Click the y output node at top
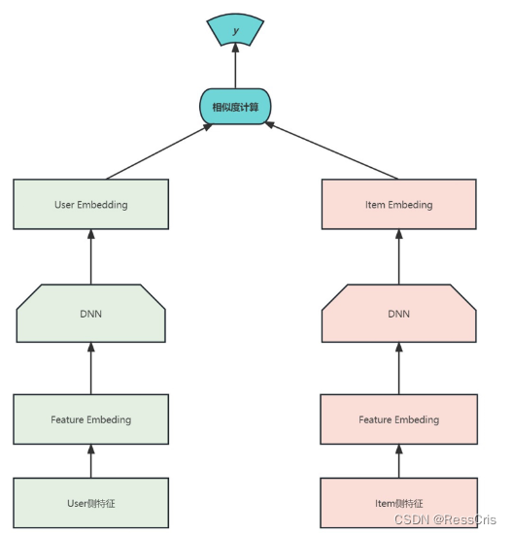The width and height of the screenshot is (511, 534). coord(234,30)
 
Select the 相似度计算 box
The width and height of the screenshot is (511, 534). coord(234,106)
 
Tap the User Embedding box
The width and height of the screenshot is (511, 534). coord(90,205)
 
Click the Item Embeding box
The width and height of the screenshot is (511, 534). coord(398,205)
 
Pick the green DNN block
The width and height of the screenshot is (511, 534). coord(90,314)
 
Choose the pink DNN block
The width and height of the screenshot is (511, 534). coord(398,314)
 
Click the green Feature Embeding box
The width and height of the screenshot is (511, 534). coord(90,419)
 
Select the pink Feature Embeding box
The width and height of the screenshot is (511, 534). coord(398,419)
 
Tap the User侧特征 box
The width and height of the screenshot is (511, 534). coord(90,503)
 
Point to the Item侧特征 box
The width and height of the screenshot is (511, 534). coord(398,503)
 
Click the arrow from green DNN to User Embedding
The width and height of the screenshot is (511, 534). coord(90,257)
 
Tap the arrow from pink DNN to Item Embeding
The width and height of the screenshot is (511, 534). coord(398,257)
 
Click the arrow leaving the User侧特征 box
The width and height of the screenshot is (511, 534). coord(90,461)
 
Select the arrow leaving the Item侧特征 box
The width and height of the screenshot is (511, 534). coord(398,461)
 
